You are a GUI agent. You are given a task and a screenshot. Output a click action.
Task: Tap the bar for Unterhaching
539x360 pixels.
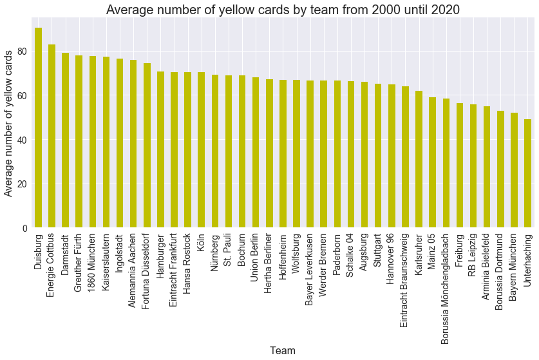tap(527, 173)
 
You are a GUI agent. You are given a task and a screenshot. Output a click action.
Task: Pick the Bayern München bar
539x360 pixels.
tap(514, 170)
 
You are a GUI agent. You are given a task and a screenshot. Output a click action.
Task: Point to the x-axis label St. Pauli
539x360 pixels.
tap(229, 252)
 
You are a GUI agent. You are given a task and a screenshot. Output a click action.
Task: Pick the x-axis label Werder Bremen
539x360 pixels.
tap(324, 264)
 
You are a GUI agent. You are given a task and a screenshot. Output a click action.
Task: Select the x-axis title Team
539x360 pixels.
tap(283, 351)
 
